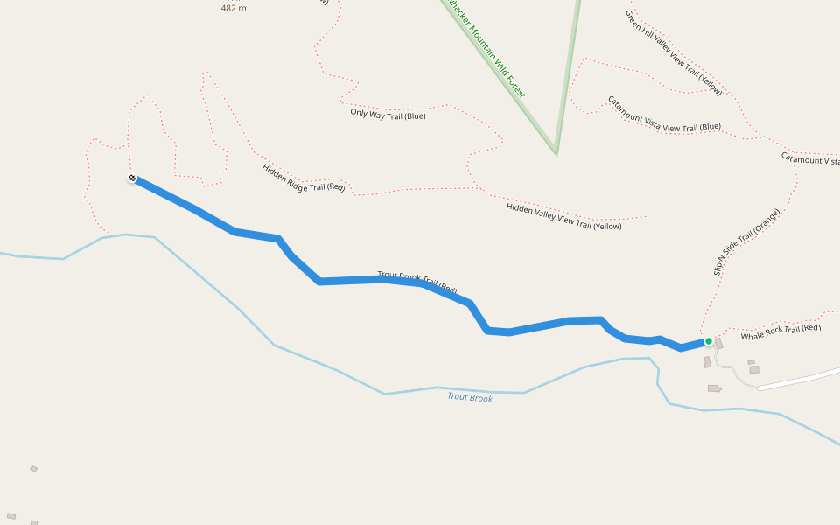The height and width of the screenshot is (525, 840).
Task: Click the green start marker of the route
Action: [x=708, y=341]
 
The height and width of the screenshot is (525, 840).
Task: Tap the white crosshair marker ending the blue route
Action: [x=132, y=178]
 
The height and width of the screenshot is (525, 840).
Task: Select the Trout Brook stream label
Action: [x=470, y=397]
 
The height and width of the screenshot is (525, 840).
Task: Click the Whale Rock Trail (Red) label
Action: [x=780, y=332]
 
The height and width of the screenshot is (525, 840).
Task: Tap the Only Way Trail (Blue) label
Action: [x=388, y=114]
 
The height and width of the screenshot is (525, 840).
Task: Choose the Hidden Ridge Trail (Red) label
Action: [x=304, y=178]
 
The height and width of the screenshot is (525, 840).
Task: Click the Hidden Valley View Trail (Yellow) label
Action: [x=563, y=216]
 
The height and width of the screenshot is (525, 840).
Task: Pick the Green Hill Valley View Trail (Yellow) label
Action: [x=673, y=52]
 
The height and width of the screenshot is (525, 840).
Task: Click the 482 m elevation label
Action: [x=234, y=8]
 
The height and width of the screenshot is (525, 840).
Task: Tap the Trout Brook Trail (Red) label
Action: [x=417, y=282]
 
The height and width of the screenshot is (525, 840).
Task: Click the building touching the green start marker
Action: [x=718, y=344]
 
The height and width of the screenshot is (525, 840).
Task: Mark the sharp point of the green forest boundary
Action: [x=556, y=152]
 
